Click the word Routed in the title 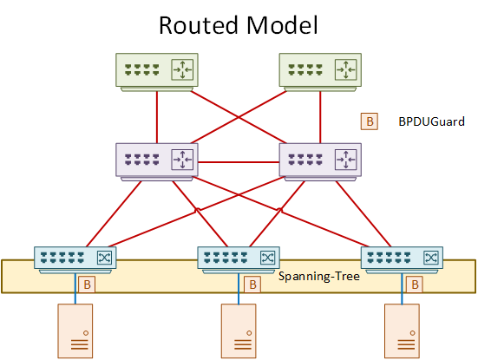199,25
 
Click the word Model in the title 282,25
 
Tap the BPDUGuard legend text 432,121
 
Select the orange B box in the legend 370,121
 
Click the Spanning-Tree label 319,276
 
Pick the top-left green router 157,72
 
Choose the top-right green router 320,72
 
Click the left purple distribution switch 157,162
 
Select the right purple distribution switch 320,162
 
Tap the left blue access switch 75,260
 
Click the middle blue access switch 239,260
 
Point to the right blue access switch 403,260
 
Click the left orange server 75,331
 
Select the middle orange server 239,331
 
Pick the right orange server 403,331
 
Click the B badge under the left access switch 87,285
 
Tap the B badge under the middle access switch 252,285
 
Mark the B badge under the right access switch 415,285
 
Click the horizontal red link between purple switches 239,162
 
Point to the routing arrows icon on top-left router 182,69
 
